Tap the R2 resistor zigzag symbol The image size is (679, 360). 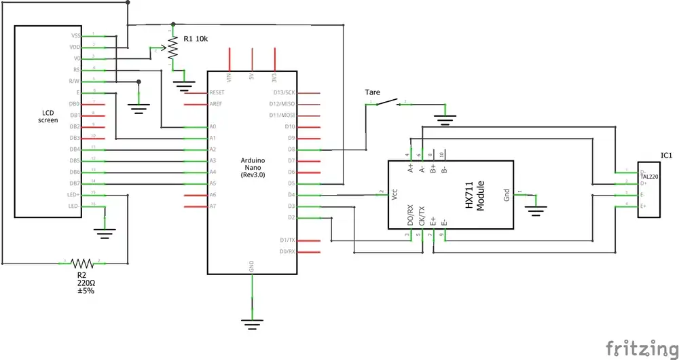point(82,262)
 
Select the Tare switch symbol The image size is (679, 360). point(387,103)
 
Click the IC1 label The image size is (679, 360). point(666,156)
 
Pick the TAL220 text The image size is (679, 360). point(650,176)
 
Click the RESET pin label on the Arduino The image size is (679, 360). point(217,92)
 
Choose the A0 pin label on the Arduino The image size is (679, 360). point(213,127)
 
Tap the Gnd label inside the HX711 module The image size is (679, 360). point(507,196)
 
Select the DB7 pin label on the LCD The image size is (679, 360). point(75,183)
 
